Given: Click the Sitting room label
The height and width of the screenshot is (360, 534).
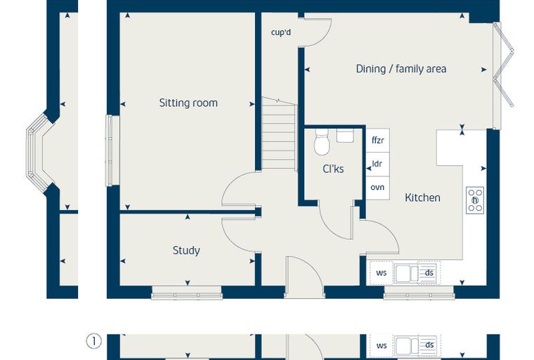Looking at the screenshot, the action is (188, 103).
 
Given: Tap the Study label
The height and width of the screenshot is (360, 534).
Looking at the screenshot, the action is (186, 250).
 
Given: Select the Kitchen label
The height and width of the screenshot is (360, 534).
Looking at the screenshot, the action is (422, 198).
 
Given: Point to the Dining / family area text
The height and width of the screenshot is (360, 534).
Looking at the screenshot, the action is (400, 69).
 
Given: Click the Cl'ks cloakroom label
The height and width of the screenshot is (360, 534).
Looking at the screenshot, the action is (333, 169).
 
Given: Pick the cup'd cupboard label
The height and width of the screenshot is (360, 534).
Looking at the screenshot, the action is (281, 32).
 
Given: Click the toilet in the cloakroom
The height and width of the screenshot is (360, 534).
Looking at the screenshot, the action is (322, 142).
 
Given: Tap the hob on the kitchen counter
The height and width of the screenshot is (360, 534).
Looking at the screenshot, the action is (475, 200).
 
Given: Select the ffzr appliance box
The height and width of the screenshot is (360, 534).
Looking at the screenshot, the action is (378, 141).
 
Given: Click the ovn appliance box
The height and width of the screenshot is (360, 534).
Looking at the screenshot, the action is (378, 188).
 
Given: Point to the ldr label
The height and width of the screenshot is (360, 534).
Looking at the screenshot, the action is (377, 164).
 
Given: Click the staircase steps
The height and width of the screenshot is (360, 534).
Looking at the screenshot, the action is (278, 133).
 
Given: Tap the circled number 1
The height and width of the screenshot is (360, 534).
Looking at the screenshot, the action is (93, 341).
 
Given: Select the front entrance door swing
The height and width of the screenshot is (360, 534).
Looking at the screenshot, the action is (304, 276).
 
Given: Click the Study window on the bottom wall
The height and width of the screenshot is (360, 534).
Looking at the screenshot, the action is (187, 292).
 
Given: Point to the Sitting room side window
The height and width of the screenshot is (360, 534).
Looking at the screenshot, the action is (110, 150).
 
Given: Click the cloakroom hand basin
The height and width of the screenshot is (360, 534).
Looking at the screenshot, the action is (345, 135).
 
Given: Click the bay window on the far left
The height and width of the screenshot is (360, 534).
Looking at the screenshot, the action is (39, 150).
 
